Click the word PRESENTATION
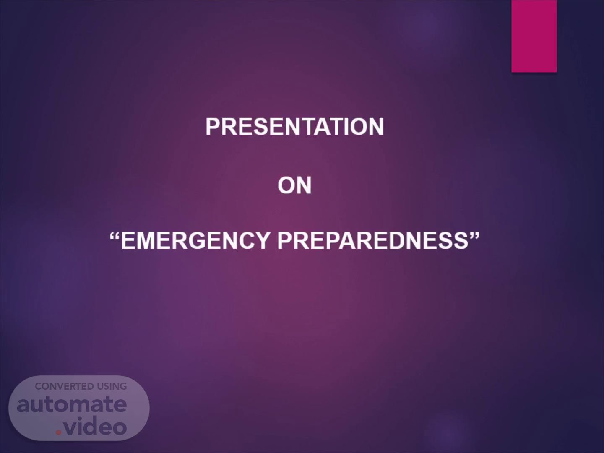pyautogui.click(x=294, y=127)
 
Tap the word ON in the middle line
pyautogui.click(x=294, y=185)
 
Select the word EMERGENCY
pyautogui.click(x=195, y=241)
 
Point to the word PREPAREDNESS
pyautogui.click(x=372, y=241)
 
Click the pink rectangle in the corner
pyautogui.click(x=534, y=36)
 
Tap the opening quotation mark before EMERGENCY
pyautogui.click(x=115, y=236)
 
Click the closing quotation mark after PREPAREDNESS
pyautogui.click(x=474, y=236)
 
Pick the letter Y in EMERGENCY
pyautogui.click(x=261, y=241)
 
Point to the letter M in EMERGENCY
pyautogui.click(x=146, y=241)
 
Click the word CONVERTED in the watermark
pyautogui.click(x=64, y=386)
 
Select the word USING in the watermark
pyautogui.click(x=111, y=386)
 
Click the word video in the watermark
pyautogui.click(x=95, y=425)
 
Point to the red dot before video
pyautogui.click(x=58, y=432)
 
